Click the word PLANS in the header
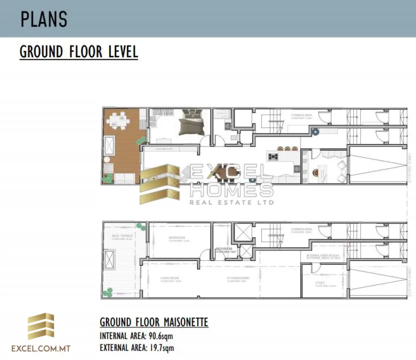(x=44, y=19)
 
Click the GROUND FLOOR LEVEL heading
(x=79, y=52)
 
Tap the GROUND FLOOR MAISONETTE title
(x=154, y=322)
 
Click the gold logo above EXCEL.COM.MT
(x=41, y=327)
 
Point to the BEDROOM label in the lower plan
(x=177, y=238)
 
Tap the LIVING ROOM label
(x=170, y=278)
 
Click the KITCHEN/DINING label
(x=238, y=278)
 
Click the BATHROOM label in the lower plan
(x=224, y=249)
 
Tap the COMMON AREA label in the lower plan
(x=301, y=229)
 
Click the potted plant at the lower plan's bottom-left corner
(x=108, y=292)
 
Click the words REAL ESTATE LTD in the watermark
(x=232, y=202)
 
